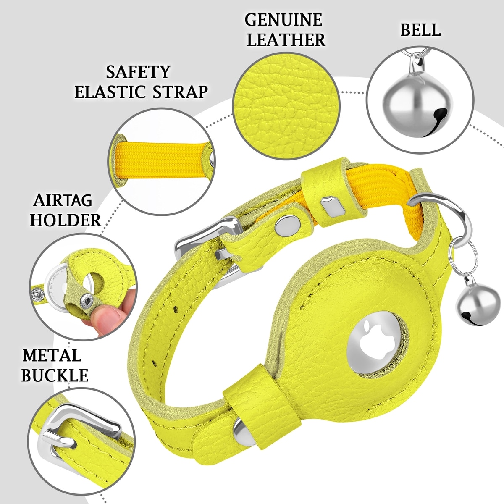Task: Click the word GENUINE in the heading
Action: point(283,20)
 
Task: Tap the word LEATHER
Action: point(286,40)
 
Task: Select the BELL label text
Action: point(420,30)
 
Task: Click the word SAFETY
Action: point(138,72)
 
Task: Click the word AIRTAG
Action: point(63,201)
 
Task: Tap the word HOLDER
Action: point(66,220)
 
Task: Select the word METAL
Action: point(52,355)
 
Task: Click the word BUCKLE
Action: point(55,375)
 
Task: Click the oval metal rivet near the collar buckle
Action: point(288,225)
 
